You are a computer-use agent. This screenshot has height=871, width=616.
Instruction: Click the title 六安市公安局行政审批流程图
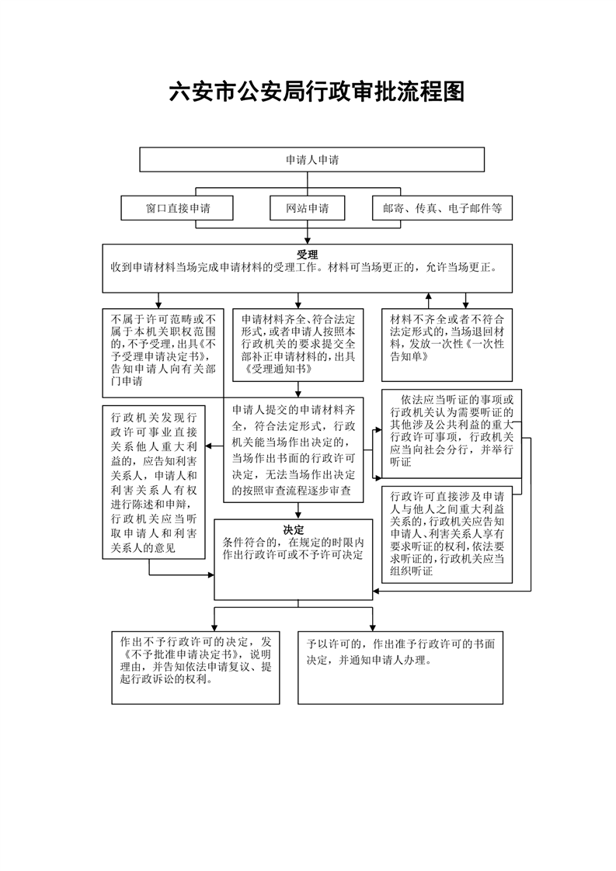pyautogui.click(x=317, y=92)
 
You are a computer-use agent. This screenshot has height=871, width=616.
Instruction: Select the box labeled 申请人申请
pyautogui.click(x=312, y=160)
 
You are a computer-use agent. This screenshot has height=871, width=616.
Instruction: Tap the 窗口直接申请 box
pyautogui.click(x=177, y=208)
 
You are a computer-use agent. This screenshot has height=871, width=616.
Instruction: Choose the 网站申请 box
pyautogui.click(x=308, y=208)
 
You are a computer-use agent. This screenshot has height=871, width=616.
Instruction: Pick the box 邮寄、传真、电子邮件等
pyautogui.click(x=443, y=208)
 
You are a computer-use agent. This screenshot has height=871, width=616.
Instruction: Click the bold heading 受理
pyautogui.click(x=307, y=255)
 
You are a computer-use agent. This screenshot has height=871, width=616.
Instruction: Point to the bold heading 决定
pyautogui.click(x=294, y=530)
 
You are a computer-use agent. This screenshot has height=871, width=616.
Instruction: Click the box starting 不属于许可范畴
pyautogui.click(x=163, y=352)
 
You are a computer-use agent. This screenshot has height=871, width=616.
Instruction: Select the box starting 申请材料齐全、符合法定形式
pyautogui.click(x=298, y=345)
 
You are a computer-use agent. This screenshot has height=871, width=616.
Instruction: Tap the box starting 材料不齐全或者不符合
pyautogui.click(x=447, y=345)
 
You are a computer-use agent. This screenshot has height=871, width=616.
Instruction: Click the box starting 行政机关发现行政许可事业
pyautogui.click(x=154, y=482)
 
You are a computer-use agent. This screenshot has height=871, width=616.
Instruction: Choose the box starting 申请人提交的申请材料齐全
pyautogui.click(x=294, y=450)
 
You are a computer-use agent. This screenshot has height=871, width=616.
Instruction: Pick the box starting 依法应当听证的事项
pyautogui.click(x=451, y=434)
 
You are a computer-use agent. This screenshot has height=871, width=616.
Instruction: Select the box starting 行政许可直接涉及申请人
pyautogui.click(x=447, y=534)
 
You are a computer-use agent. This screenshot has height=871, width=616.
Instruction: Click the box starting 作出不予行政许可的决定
pyautogui.click(x=196, y=668)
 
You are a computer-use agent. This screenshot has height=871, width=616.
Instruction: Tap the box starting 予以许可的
pyautogui.click(x=400, y=668)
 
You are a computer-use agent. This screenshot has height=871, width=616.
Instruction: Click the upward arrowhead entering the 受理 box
pyautogui.click(x=428, y=297)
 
